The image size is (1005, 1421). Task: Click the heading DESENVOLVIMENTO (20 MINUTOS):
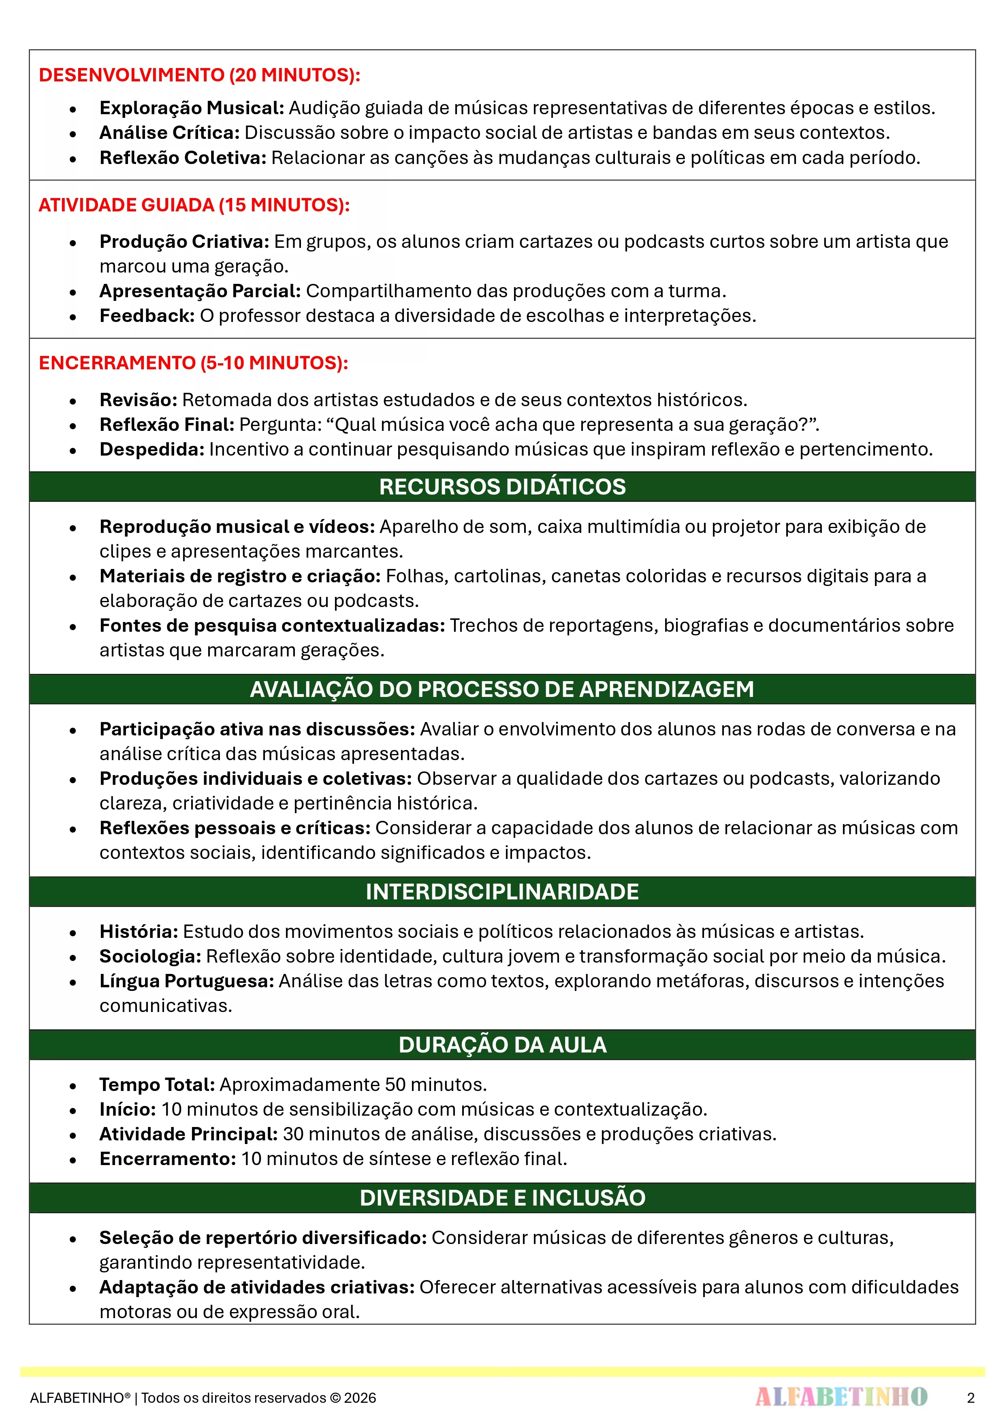click(199, 75)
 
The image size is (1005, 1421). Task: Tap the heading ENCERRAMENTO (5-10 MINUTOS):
click(193, 363)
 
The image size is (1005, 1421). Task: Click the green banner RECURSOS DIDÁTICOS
click(502, 486)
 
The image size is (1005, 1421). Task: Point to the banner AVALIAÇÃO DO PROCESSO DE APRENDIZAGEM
click(502, 689)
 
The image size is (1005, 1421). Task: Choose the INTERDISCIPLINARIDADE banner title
click(502, 891)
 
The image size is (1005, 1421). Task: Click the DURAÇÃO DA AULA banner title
click(502, 1045)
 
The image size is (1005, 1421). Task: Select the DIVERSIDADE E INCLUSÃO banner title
click(502, 1197)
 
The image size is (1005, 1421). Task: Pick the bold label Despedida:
click(152, 450)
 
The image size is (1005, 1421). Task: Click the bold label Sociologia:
click(150, 956)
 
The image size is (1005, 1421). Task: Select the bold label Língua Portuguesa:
click(186, 981)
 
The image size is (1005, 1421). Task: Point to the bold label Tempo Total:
click(157, 1084)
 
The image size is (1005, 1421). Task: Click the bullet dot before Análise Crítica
click(73, 134)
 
